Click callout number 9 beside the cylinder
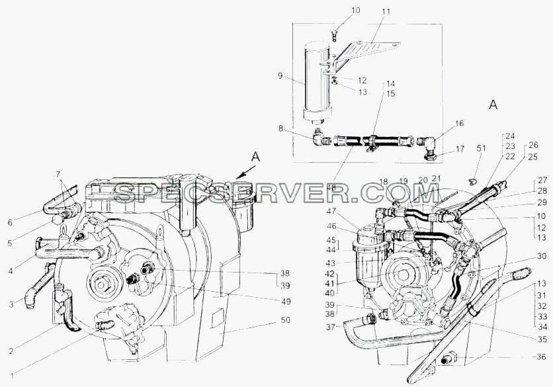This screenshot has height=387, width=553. (280, 75)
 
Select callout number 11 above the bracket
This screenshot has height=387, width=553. (386, 12)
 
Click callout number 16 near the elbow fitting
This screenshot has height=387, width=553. (460, 124)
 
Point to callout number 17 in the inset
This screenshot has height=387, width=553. (460, 149)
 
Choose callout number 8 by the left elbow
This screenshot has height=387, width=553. (280, 128)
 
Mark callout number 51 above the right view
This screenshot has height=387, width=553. (482, 148)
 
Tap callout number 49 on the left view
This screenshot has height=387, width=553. (286, 302)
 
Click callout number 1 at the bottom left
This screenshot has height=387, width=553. (13, 376)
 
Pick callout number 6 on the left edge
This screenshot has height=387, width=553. (10, 222)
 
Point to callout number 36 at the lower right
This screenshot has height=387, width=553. (541, 357)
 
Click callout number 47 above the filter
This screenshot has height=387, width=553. (332, 211)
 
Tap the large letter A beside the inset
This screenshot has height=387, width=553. (493, 105)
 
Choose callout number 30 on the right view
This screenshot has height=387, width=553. (542, 257)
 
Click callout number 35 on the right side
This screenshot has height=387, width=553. (542, 339)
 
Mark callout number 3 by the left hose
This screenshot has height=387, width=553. (11, 304)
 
